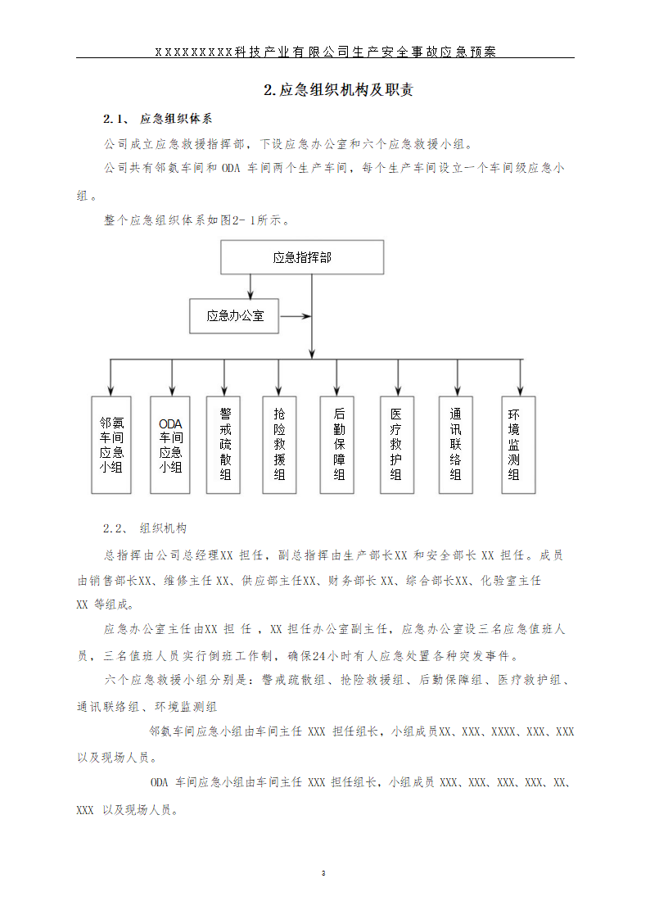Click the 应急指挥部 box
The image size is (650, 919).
tap(302, 257)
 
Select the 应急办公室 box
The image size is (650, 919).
tap(234, 315)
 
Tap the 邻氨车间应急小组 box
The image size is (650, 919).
tap(111, 445)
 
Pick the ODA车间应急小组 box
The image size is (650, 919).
tap(170, 445)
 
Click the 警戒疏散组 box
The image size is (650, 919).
tap(224, 445)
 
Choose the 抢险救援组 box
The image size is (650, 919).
tap(279, 445)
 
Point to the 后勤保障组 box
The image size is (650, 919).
tap(338, 445)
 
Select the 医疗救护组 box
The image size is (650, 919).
tap(396, 445)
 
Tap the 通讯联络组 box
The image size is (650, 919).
tap(456, 445)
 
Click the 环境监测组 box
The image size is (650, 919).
tap(518, 445)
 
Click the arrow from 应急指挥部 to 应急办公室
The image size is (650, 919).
tap(251, 286)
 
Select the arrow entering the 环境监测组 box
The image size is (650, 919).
tap(519, 378)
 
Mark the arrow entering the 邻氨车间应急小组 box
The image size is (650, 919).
tap(111, 378)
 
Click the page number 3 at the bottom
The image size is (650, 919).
tap(324, 873)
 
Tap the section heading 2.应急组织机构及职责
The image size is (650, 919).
tap(338, 90)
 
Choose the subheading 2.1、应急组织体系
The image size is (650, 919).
tap(158, 118)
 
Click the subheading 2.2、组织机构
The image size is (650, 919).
tap(145, 528)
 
